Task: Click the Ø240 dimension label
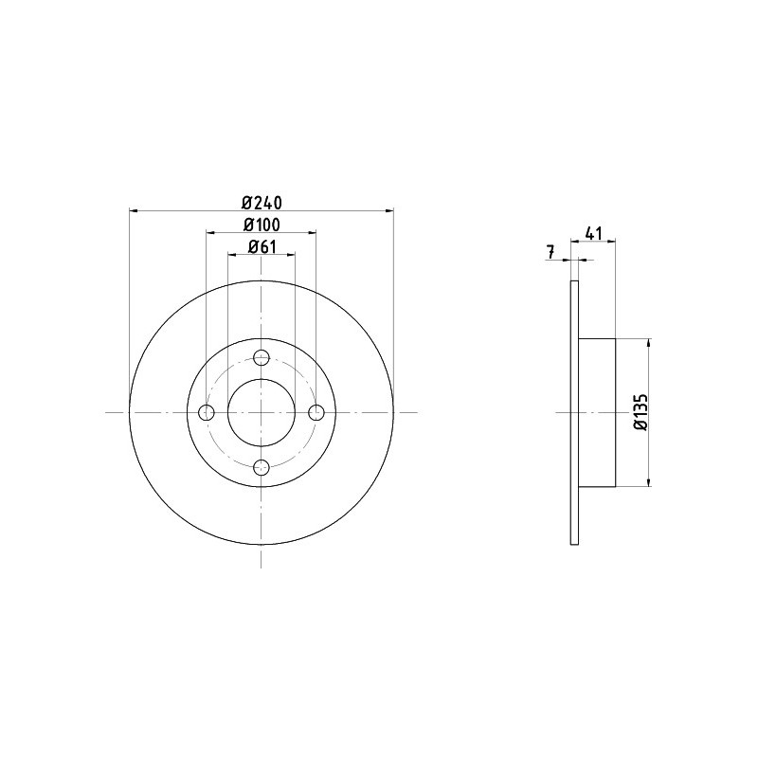[x=262, y=202]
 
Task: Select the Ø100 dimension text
[x=262, y=225]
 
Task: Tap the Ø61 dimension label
[x=262, y=247]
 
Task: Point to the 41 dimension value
[x=593, y=234]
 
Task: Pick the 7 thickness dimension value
[x=550, y=252]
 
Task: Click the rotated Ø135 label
[x=641, y=412]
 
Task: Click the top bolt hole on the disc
[x=262, y=358]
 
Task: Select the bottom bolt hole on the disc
[x=262, y=467]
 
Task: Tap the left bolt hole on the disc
[x=207, y=412]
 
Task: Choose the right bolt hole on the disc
[x=316, y=412]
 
